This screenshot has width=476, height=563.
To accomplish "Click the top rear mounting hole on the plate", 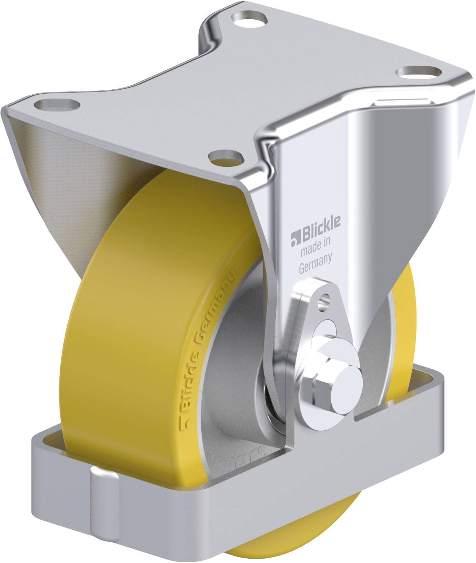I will coord(249,17).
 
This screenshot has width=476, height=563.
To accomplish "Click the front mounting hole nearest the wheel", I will coord(226,157).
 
